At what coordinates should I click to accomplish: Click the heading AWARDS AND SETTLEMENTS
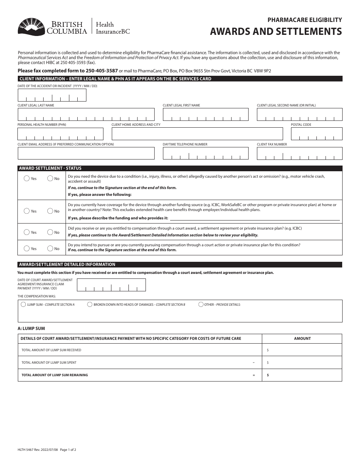(276, 31)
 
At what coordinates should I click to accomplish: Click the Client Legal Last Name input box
(86, 114)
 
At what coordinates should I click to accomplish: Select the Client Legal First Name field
(205, 114)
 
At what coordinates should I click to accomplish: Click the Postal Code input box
(316, 134)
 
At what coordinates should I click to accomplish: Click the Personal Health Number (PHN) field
(60, 134)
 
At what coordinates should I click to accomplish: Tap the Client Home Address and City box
(197, 134)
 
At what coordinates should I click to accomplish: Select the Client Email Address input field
(86, 153)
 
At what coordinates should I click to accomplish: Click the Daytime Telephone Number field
(205, 153)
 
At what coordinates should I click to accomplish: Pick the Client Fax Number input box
(299, 153)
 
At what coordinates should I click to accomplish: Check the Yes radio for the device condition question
(27, 178)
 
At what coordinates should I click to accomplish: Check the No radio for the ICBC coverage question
(50, 211)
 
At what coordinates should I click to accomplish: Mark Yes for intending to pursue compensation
(27, 249)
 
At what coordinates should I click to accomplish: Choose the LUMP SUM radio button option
(24, 304)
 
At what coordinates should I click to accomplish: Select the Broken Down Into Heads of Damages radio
(90, 304)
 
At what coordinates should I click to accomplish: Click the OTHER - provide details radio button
(200, 304)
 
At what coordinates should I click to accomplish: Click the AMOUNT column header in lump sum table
(302, 338)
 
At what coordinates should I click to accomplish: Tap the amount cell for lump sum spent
(302, 363)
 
